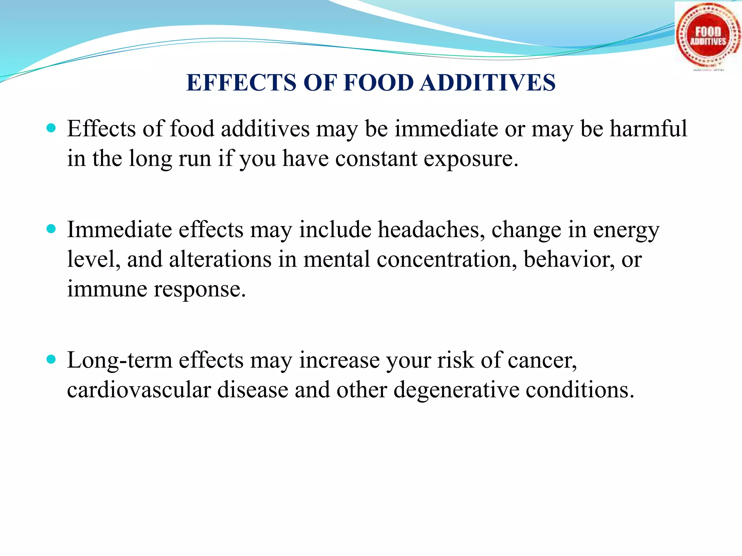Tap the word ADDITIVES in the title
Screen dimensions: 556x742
[x=488, y=83]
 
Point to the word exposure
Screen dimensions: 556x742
[x=471, y=159]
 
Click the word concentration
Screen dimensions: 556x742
[x=447, y=260]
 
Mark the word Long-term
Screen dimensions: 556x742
[x=119, y=361]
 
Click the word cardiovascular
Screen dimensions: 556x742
[x=139, y=390]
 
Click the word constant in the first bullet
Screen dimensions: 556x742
[x=376, y=159]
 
